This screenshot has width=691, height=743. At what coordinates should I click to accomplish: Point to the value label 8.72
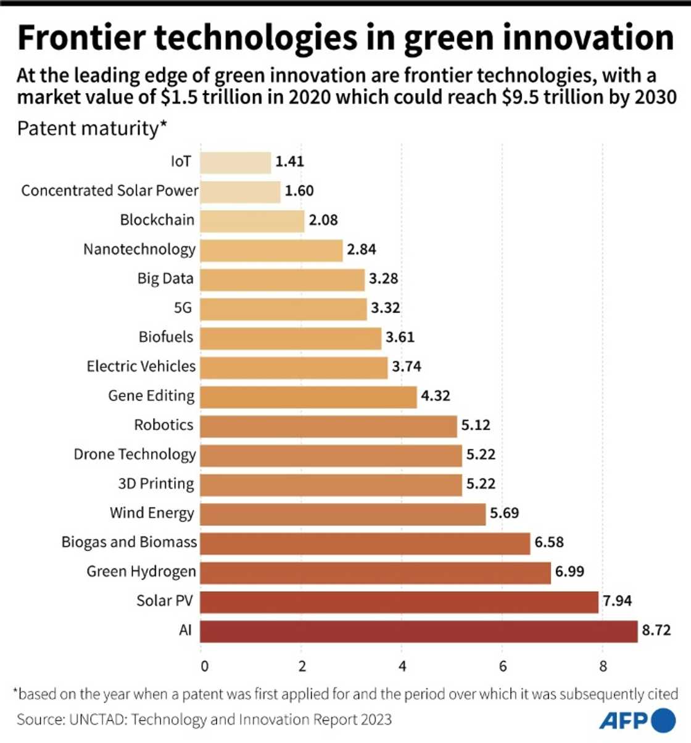point(656,630)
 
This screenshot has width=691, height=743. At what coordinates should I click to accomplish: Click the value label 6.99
point(569,572)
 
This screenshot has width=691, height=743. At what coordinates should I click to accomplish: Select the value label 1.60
point(299,191)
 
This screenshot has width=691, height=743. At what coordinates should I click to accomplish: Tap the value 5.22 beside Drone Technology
point(481,454)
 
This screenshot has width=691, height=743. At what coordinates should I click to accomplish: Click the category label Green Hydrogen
point(141,572)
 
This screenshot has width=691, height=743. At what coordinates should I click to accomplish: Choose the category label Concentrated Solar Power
point(110,191)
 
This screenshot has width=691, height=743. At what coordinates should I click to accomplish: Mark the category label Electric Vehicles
point(141,367)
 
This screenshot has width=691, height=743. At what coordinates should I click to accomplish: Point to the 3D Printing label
point(155,483)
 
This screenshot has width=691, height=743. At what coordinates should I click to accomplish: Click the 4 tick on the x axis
point(402,667)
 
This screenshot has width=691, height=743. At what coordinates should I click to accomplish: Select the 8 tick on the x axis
point(603,667)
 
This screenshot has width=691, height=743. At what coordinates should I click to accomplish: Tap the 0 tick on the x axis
point(204,667)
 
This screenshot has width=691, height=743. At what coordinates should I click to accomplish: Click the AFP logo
point(637,720)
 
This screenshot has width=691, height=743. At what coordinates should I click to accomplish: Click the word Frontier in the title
point(82,38)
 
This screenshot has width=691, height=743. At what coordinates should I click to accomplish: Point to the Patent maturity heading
point(92,129)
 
